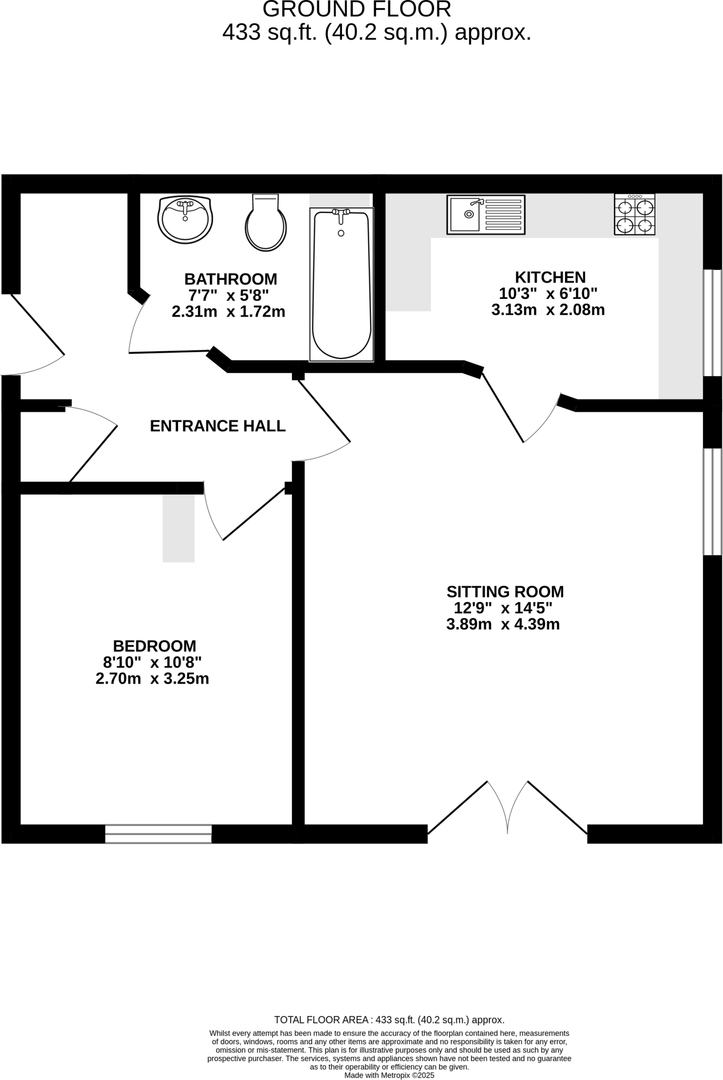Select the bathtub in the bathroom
pos(341,285)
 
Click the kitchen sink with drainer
pos(486,215)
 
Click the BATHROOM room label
pos(230,278)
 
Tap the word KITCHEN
pos(550,277)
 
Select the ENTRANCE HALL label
pos(218,426)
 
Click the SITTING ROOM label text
pos(505,591)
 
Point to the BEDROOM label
pos(154,645)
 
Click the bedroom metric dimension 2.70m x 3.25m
pos(152,679)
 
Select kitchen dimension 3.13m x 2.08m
pos(548,310)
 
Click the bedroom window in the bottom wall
pos(158,834)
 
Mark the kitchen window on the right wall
pos(712,323)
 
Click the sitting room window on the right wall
pos(712,502)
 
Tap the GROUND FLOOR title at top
pos(357,9)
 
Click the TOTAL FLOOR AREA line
pos(389,1020)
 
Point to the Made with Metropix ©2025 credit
pos(389,1075)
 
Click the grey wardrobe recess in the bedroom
pos(178,528)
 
